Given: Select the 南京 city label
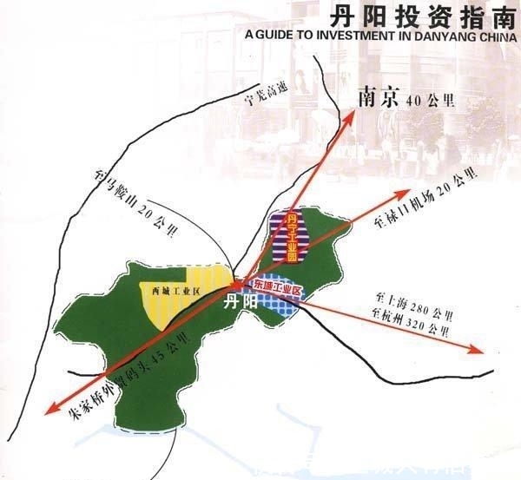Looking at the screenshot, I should click(x=379, y=97).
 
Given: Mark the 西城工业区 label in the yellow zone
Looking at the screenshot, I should click(x=170, y=293).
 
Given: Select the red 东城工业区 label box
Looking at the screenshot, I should click(x=276, y=286).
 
